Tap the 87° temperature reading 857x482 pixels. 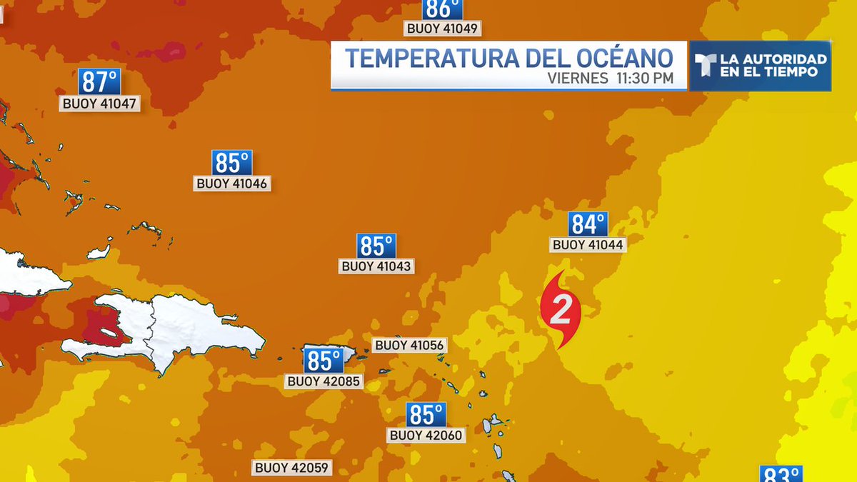pyautogui.click(x=99, y=81)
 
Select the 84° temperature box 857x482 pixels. pyautogui.click(x=588, y=224)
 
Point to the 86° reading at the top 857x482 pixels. pyautogui.click(x=442, y=9)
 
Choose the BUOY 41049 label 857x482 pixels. pyautogui.click(x=442, y=29)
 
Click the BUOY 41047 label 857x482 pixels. pyautogui.click(x=99, y=104)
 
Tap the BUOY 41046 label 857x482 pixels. pyautogui.click(x=232, y=184)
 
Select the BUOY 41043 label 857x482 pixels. pyautogui.click(x=377, y=266)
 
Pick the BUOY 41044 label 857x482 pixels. pyautogui.click(x=588, y=245)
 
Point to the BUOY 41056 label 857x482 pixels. pyautogui.click(x=410, y=346)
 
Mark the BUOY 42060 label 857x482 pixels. pyautogui.click(x=426, y=435)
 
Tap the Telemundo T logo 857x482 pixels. pyautogui.click(x=703, y=66)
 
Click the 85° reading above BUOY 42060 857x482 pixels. pyautogui.click(x=426, y=414)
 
